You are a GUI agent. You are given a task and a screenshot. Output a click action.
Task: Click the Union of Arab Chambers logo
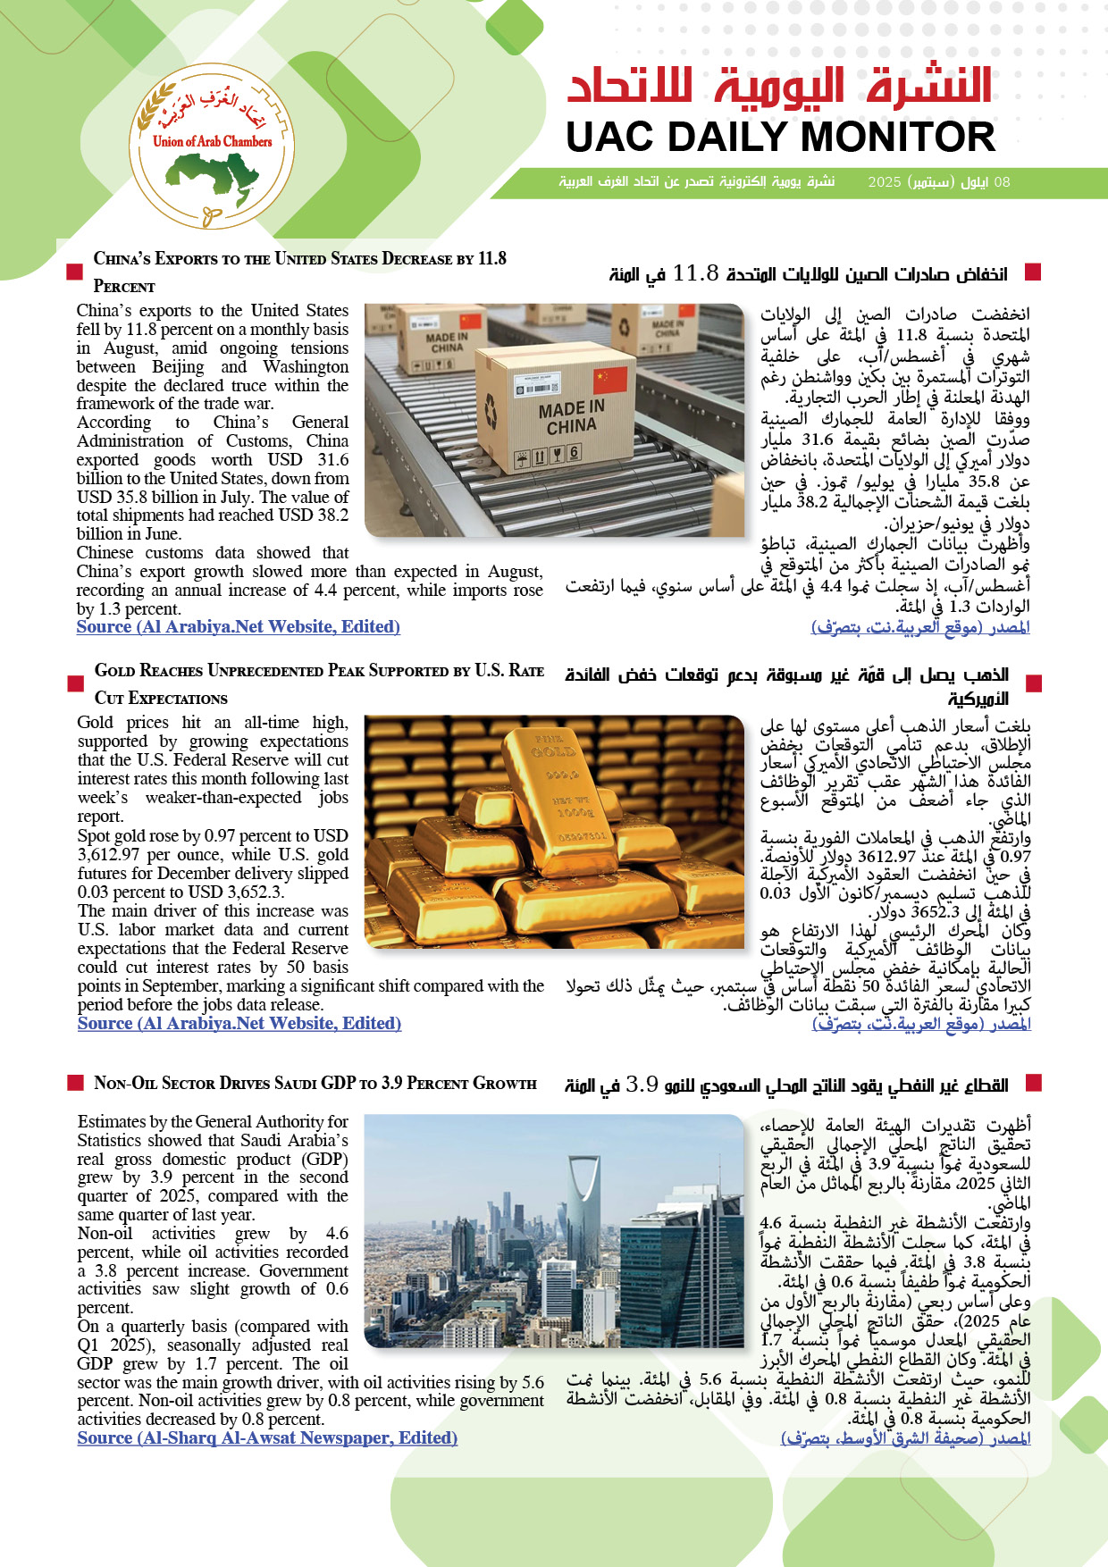(212, 147)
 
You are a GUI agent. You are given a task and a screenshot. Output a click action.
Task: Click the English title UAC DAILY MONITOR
(780, 138)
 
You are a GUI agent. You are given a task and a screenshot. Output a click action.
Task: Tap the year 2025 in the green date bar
(884, 182)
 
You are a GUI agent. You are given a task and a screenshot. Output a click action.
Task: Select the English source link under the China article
(238, 627)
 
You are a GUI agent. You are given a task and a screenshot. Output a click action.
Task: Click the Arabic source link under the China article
(920, 627)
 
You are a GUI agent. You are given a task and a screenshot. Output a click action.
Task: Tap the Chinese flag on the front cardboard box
(611, 380)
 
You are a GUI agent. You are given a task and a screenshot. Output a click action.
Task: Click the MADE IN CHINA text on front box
(572, 417)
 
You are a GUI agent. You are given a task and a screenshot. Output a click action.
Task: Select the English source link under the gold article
(239, 1024)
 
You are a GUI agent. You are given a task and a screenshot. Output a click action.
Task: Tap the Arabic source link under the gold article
(921, 1024)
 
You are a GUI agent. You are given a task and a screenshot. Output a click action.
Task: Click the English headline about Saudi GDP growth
(315, 1084)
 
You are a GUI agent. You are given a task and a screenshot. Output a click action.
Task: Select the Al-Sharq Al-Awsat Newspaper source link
(267, 1438)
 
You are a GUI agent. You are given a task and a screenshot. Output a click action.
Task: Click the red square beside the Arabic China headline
(1034, 272)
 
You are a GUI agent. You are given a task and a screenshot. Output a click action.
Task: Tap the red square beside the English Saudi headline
(76, 1083)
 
